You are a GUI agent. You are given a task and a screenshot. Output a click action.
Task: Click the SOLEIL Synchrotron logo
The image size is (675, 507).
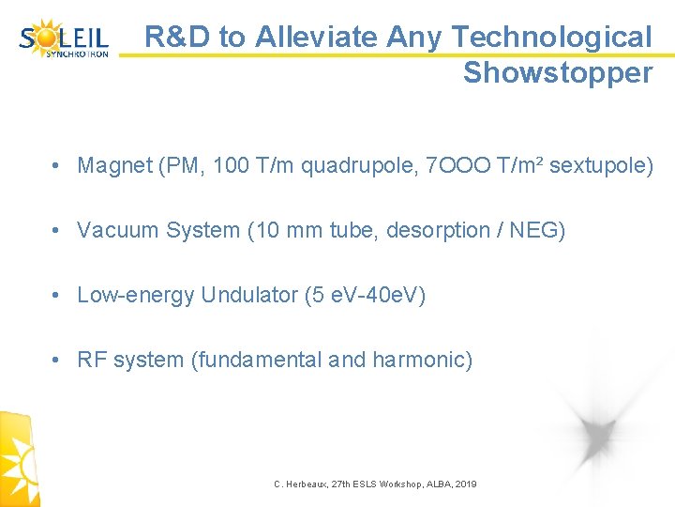[64, 40]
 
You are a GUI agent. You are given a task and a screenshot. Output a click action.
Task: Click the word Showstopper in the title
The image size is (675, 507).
[557, 73]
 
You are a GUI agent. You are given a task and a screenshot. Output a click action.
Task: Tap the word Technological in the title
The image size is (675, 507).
[551, 37]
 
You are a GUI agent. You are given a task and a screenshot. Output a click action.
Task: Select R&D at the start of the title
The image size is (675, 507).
[177, 37]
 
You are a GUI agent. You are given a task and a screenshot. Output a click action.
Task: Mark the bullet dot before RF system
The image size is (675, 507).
[58, 361]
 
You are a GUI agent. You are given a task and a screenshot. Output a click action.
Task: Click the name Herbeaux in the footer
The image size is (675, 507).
[310, 484]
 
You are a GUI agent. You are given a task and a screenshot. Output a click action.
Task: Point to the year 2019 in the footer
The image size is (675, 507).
[465, 484]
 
